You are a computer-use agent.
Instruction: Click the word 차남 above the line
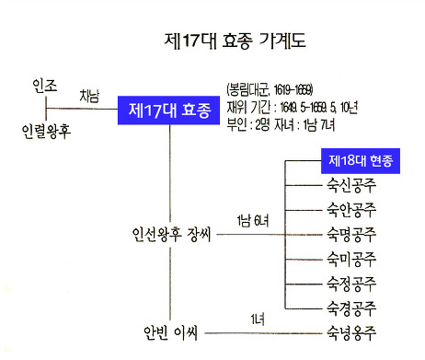(x=90, y=95)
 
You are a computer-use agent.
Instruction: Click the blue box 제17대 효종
(x=169, y=111)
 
